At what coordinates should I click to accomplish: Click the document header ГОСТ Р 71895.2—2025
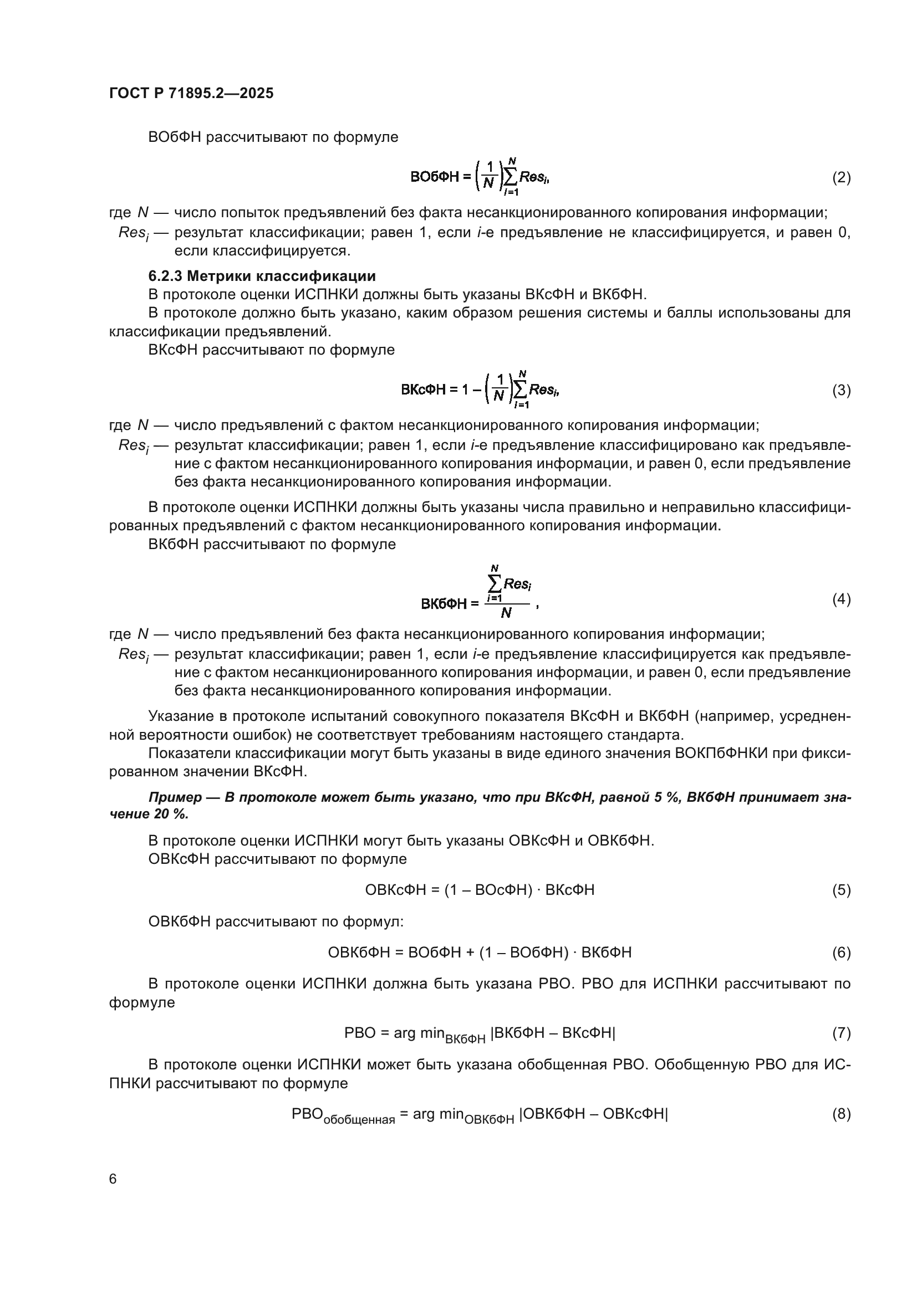pos(191,93)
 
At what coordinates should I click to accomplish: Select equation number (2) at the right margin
pos(842,178)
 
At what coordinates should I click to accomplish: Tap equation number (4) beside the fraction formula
pos(842,599)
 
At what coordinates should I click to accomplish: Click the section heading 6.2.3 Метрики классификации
pos(262,276)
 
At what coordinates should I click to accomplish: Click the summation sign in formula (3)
pos(519,390)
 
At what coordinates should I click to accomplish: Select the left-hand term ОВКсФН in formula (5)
pos(395,890)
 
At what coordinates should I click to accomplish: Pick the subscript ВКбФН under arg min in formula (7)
pos(465,1038)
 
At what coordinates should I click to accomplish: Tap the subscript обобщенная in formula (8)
pos(359,1119)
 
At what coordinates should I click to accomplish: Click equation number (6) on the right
pos(842,952)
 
